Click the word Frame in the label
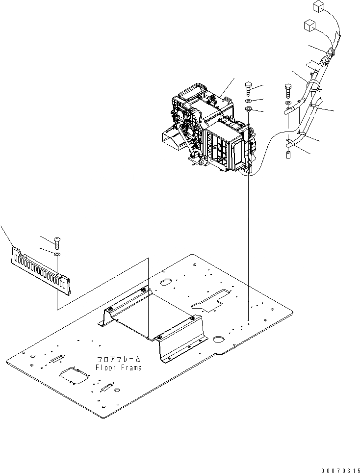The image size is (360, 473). tap(130, 368)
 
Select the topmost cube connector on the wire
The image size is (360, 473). tap(316, 7)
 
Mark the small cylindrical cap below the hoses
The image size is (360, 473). tap(289, 156)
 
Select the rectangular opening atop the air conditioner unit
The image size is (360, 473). tap(187, 92)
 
